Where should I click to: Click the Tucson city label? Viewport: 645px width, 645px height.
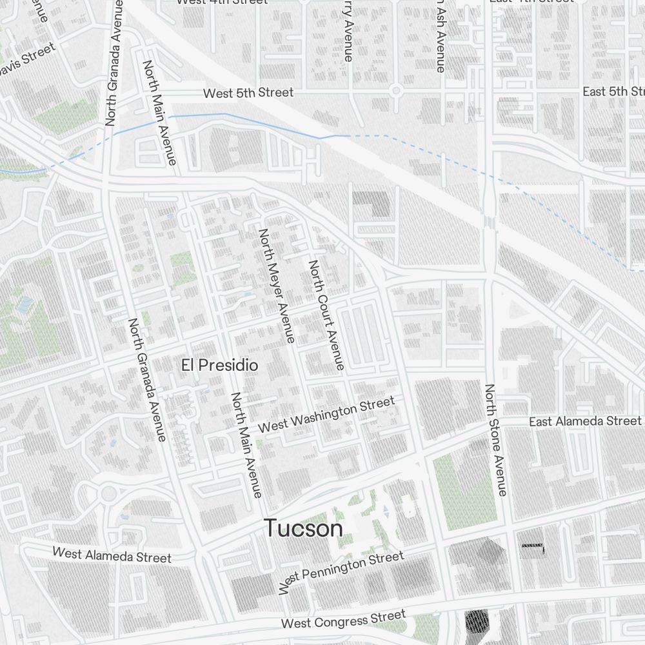[303, 528]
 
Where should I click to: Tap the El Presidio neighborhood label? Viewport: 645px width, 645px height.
[219, 365]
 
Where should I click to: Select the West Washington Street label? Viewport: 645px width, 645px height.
[326, 415]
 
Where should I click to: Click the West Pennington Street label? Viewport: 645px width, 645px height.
[342, 571]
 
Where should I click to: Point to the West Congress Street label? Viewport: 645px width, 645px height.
[343, 619]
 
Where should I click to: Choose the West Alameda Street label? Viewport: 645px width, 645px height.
[112, 555]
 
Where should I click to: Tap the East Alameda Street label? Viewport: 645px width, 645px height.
[585, 421]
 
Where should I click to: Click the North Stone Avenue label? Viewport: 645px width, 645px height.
[495, 440]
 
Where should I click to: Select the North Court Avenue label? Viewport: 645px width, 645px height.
[326, 315]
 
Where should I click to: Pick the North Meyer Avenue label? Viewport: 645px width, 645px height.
[277, 285]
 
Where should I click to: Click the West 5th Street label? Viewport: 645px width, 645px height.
[248, 93]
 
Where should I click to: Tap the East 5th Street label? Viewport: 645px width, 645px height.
[613, 91]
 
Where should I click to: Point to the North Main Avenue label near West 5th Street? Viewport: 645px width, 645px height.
[159, 113]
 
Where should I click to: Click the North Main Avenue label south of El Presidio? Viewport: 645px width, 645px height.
[247, 445]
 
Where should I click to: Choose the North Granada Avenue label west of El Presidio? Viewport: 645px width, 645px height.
[146, 380]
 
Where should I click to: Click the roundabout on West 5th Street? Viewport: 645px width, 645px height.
[395, 90]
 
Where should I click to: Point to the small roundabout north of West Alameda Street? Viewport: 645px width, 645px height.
[108, 494]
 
